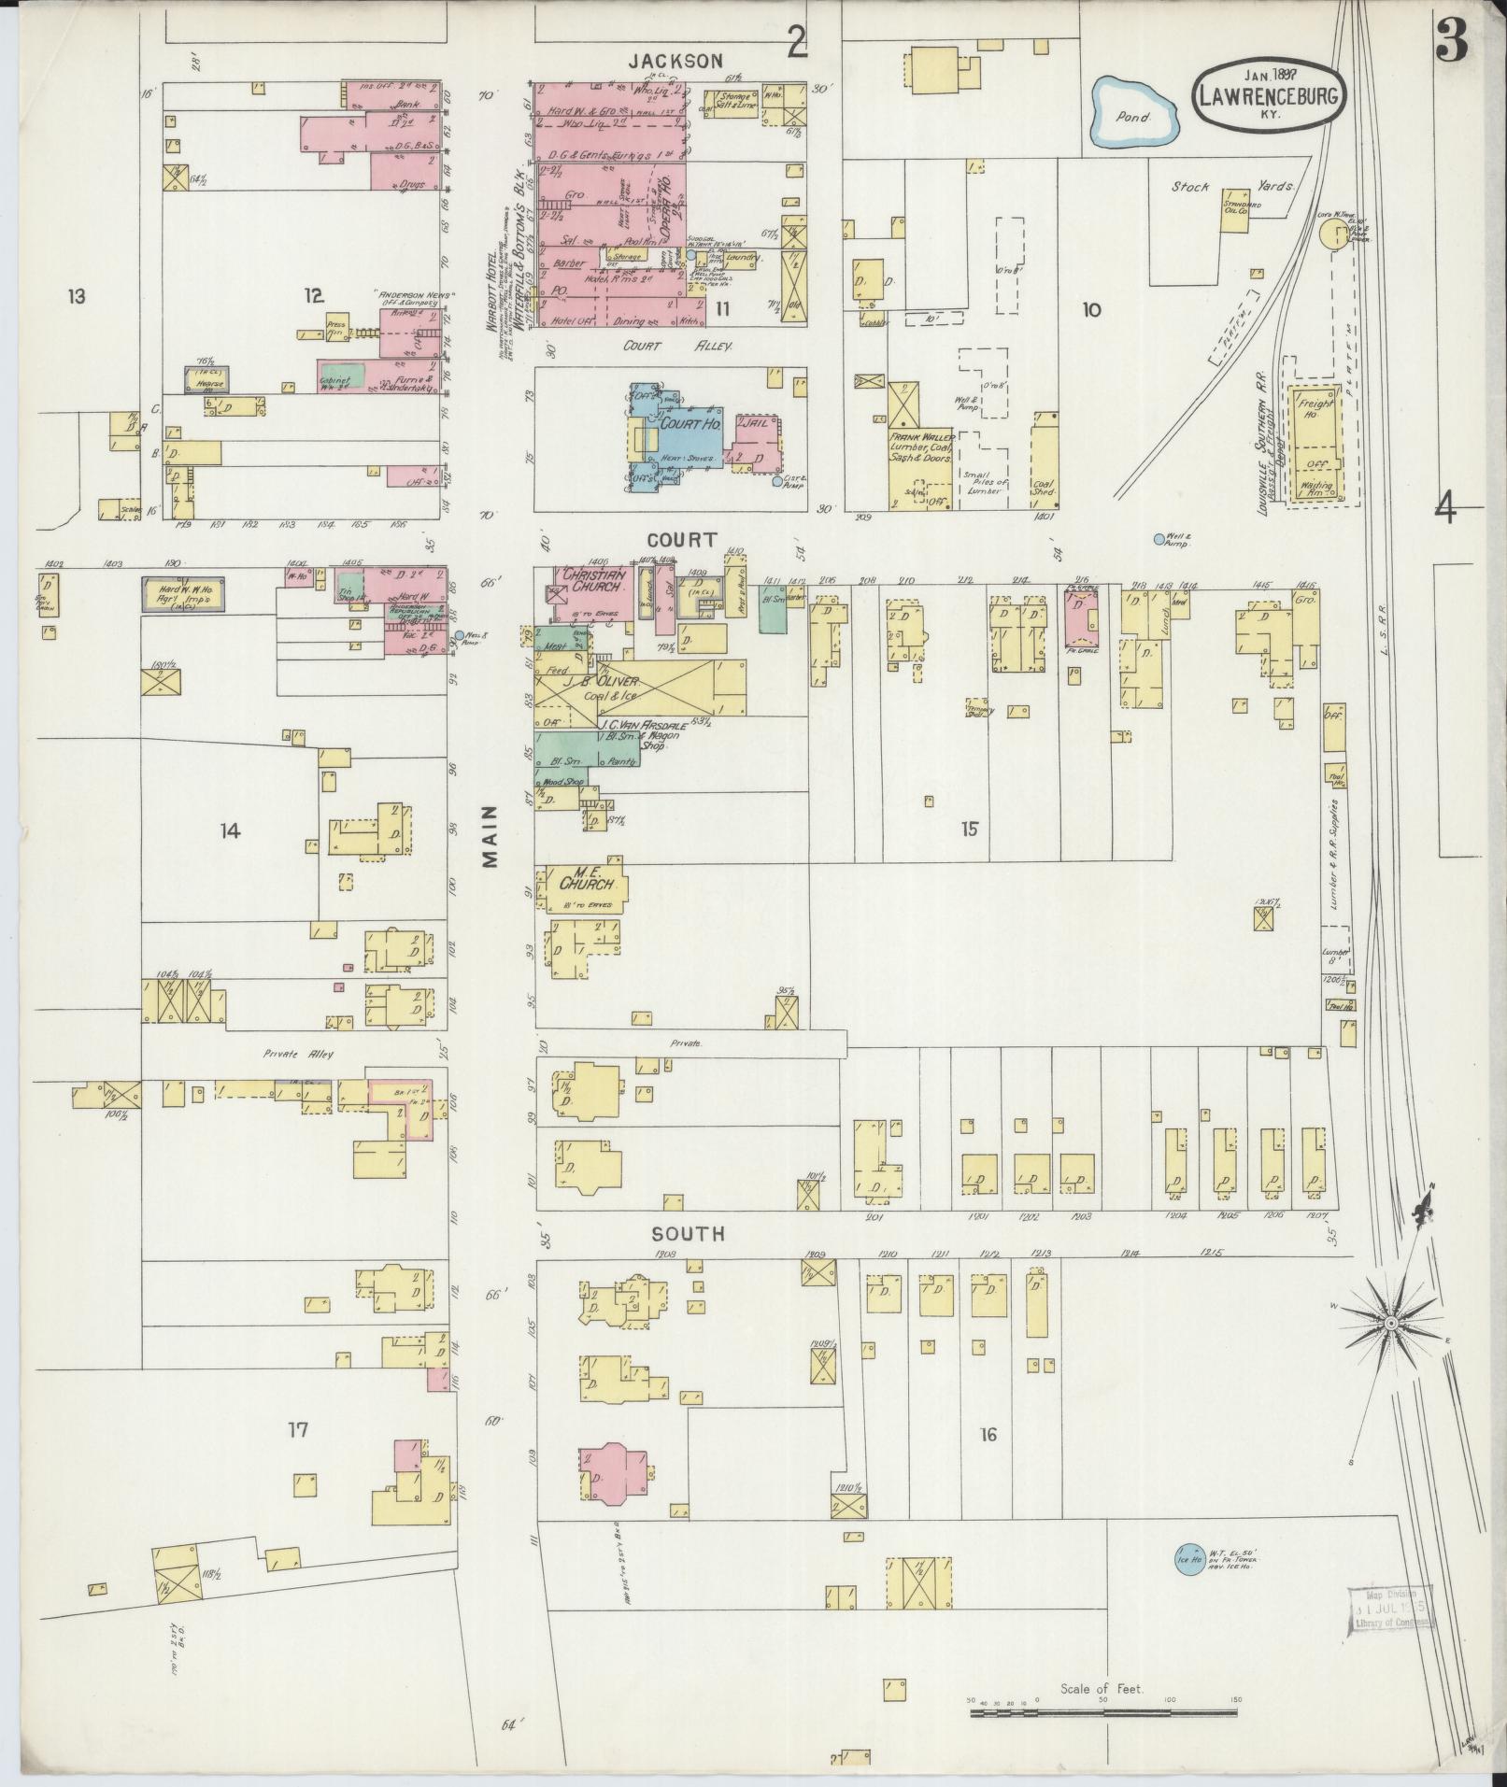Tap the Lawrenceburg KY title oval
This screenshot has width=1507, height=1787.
pos(1268,96)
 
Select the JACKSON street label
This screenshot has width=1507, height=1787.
pos(675,61)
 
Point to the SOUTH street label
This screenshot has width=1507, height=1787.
pos(689,1234)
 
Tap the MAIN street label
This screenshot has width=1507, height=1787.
pos(491,837)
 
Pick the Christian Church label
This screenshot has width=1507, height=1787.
pos(591,580)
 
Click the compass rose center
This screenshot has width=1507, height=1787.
pos(1390,1324)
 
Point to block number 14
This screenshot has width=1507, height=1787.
pos(230,830)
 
